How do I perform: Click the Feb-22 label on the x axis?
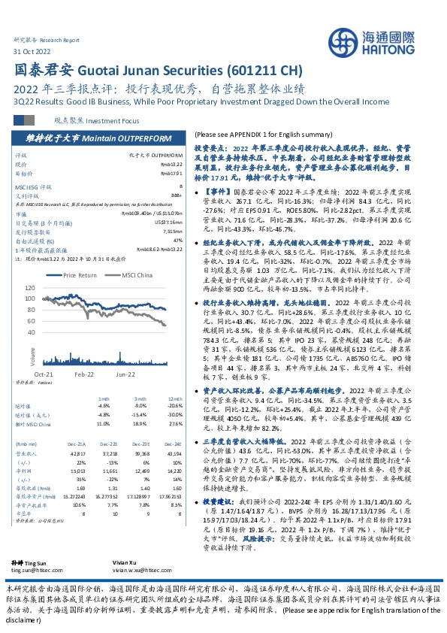[x=83, y=374]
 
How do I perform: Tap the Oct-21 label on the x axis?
[x=43, y=374]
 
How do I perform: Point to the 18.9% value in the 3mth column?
[x=139, y=423]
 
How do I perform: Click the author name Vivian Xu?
[x=207, y=562]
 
